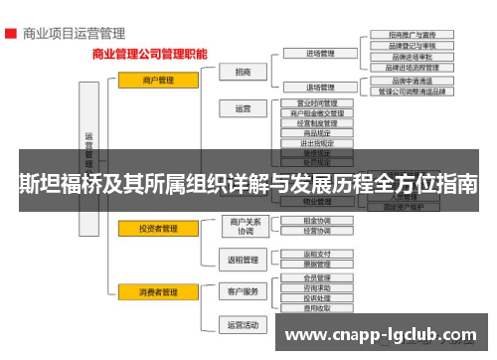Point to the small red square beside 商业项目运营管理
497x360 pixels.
tap(9, 33)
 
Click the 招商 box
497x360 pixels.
tap(244, 72)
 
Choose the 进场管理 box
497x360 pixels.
tap(318, 53)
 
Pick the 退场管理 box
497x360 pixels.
tap(318, 87)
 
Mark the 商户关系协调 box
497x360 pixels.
tap(244, 226)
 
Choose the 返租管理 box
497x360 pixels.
tap(244, 261)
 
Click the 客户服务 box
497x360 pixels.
tap(244, 291)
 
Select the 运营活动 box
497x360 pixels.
tap(244, 324)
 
